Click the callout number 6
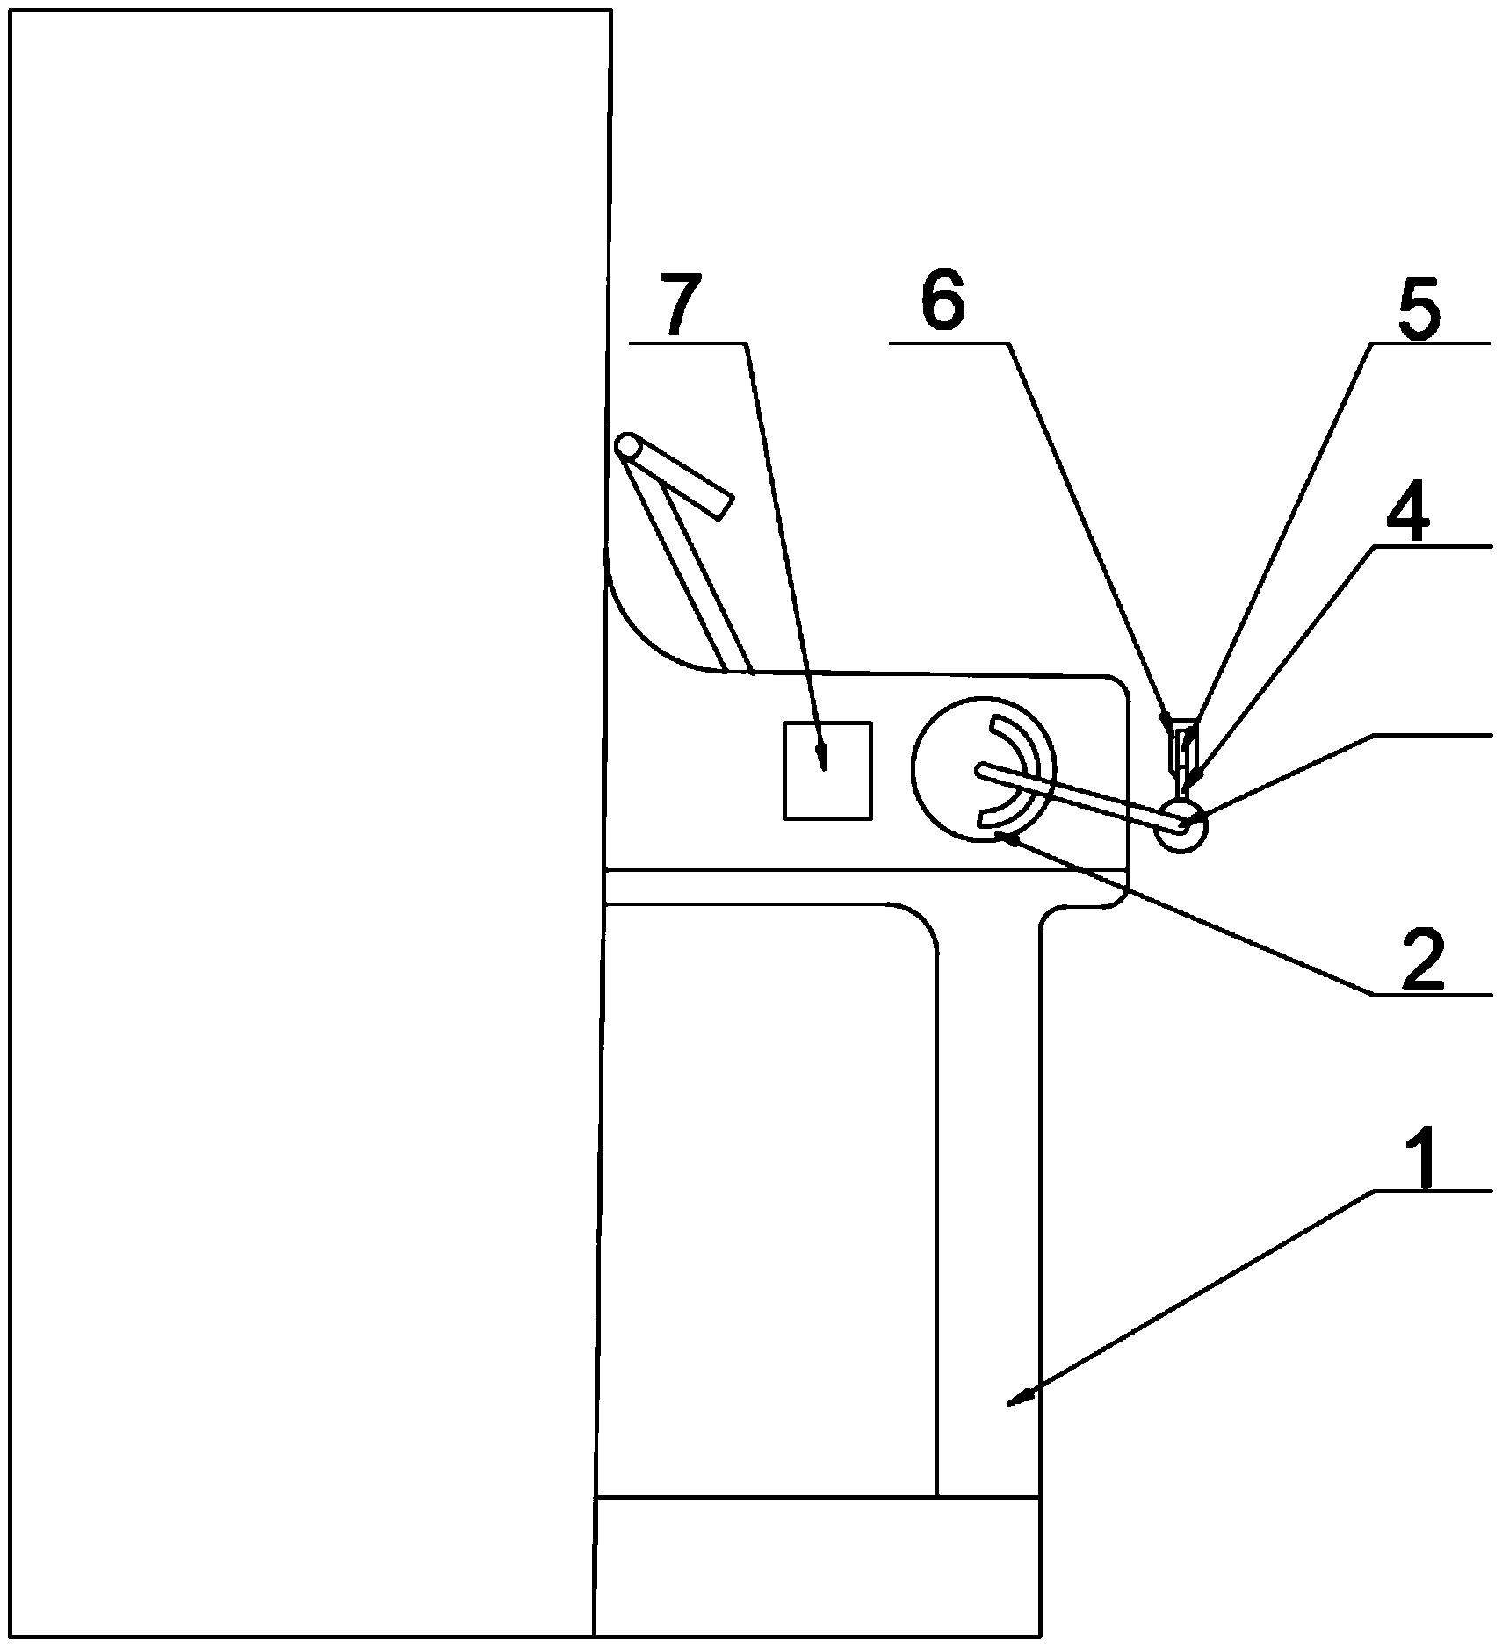[942, 304]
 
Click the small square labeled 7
[827, 770]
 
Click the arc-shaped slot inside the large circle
[1028, 771]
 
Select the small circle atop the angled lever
[627, 445]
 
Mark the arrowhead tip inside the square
[822, 762]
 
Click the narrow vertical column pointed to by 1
[988, 1229]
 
